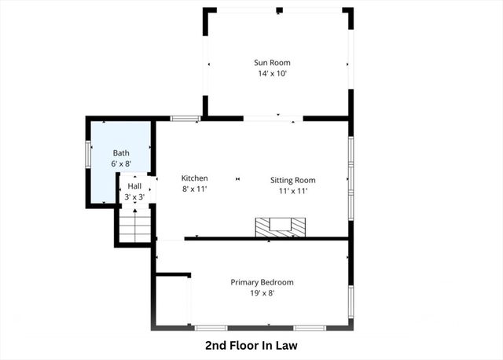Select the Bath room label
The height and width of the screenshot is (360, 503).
point(120,153)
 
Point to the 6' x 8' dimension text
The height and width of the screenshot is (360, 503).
point(120,164)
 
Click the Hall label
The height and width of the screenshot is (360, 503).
point(134,186)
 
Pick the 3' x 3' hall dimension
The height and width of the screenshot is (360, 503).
point(134,197)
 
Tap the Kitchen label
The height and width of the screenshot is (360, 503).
point(194,178)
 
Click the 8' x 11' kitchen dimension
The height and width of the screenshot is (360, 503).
point(194,189)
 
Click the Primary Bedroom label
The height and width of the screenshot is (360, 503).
point(262,282)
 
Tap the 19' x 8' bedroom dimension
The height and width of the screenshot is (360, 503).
point(262,293)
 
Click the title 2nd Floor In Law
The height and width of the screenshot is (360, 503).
point(251,345)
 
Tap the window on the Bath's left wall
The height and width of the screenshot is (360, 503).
point(88,153)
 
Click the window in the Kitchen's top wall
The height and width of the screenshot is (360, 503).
point(185,119)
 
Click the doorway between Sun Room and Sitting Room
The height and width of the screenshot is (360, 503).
point(273,119)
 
